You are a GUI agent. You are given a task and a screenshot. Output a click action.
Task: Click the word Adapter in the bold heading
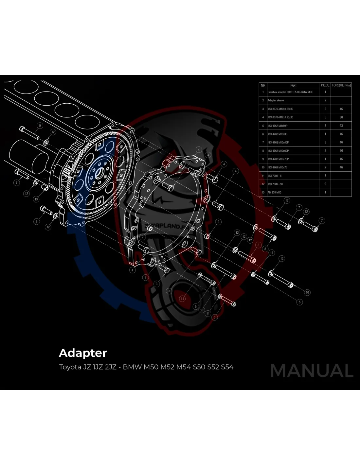coord(83,353)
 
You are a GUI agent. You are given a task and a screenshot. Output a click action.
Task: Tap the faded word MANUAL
coord(312,371)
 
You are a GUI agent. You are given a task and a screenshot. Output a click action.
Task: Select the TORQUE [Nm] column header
coord(341,85)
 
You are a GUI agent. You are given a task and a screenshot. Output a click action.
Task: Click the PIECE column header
coord(325,85)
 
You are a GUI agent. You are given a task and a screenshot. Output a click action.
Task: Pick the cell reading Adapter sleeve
coord(276,100)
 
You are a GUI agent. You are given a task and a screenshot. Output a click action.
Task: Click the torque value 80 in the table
coord(341,117)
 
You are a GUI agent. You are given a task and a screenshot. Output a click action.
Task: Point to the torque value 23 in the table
coord(341,126)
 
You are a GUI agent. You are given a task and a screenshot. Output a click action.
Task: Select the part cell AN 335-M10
coord(274,192)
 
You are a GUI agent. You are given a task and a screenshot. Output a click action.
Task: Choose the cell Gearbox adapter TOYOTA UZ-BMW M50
coord(290,92)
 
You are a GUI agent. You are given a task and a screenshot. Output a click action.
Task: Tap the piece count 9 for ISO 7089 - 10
coord(325,184)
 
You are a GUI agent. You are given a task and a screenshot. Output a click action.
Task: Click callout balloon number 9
coord(40,126)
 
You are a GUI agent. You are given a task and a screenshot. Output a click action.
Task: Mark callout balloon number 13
coord(36,199)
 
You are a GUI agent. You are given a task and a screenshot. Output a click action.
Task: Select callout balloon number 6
coord(37,221)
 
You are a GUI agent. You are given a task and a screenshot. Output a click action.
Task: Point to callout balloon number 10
coord(307,292)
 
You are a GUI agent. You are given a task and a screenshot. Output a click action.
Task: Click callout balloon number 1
coord(145,278)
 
